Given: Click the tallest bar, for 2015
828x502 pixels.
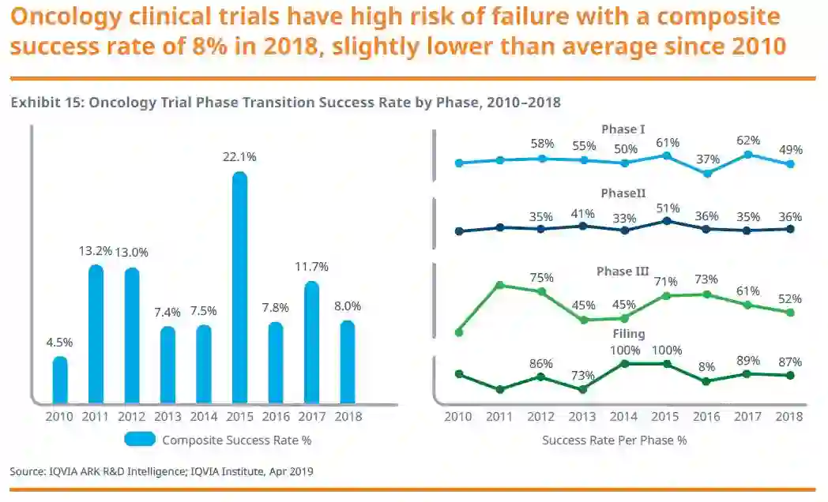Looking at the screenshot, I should point(239,288).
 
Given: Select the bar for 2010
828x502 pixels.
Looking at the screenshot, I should point(60,380).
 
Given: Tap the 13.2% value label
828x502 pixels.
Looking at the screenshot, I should point(96,252).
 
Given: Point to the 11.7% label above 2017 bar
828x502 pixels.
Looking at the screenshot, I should point(311,268).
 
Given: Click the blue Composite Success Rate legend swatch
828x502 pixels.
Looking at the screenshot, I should point(140,440).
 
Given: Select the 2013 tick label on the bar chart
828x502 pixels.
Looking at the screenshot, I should point(167,416).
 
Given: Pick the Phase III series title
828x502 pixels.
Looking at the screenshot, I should point(623,272).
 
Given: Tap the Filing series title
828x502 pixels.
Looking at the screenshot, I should point(629,334).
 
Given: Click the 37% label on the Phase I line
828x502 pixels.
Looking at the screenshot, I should point(708,159).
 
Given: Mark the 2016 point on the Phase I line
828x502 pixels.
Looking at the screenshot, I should point(707,174).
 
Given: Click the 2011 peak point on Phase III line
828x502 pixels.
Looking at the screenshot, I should point(499,284).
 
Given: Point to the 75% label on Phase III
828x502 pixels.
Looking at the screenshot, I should point(541,277).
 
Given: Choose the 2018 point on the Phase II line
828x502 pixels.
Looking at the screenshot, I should point(790,229).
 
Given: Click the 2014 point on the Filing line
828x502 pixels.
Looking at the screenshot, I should point(624,364).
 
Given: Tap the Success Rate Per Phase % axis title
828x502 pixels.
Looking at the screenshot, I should point(614,440).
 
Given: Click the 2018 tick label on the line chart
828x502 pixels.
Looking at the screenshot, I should point(789,416).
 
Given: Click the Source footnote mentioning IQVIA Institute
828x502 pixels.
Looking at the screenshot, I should point(161,471).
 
